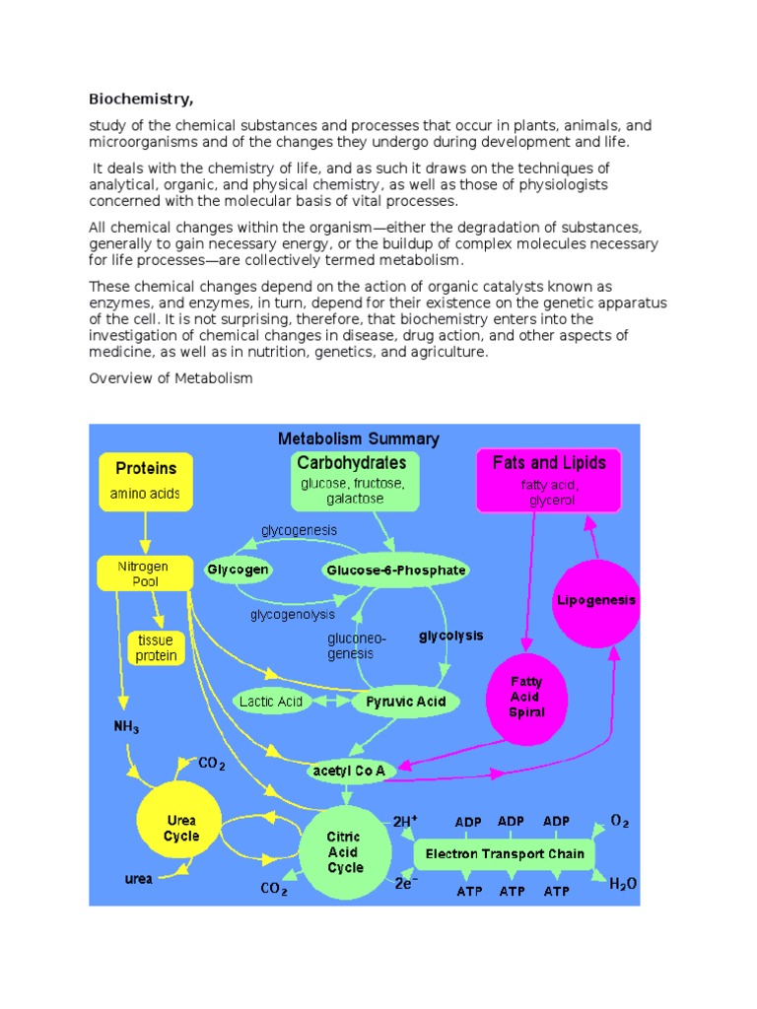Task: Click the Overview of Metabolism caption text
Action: tap(171, 378)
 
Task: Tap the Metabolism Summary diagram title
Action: tap(359, 438)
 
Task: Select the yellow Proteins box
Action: tap(146, 480)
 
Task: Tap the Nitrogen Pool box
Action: tap(143, 573)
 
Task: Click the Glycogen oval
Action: tap(238, 570)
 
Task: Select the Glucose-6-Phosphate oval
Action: tap(395, 570)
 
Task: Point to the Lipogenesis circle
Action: tap(596, 600)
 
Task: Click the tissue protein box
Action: tap(156, 647)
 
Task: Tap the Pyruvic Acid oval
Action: tap(405, 702)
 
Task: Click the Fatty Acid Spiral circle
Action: tap(525, 697)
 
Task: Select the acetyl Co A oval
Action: tap(348, 770)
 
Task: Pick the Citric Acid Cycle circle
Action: tap(345, 852)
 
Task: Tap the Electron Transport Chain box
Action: tap(504, 853)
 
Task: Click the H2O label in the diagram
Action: tap(622, 885)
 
